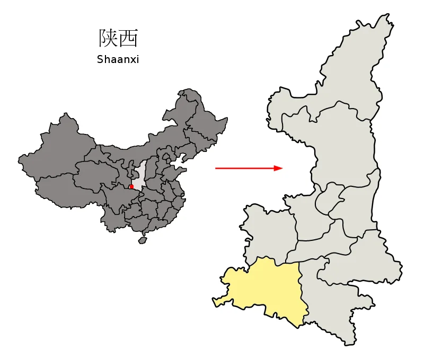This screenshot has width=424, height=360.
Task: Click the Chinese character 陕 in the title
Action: click(x=108, y=38)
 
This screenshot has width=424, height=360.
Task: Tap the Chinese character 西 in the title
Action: click(x=129, y=38)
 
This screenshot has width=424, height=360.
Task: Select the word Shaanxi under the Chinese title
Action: click(x=118, y=60)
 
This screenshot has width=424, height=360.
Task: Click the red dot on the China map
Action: click(x=131, y=186)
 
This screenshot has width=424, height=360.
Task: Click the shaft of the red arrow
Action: click(x=244, y=168)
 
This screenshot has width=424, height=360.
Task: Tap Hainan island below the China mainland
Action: click(x=142, y=240)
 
